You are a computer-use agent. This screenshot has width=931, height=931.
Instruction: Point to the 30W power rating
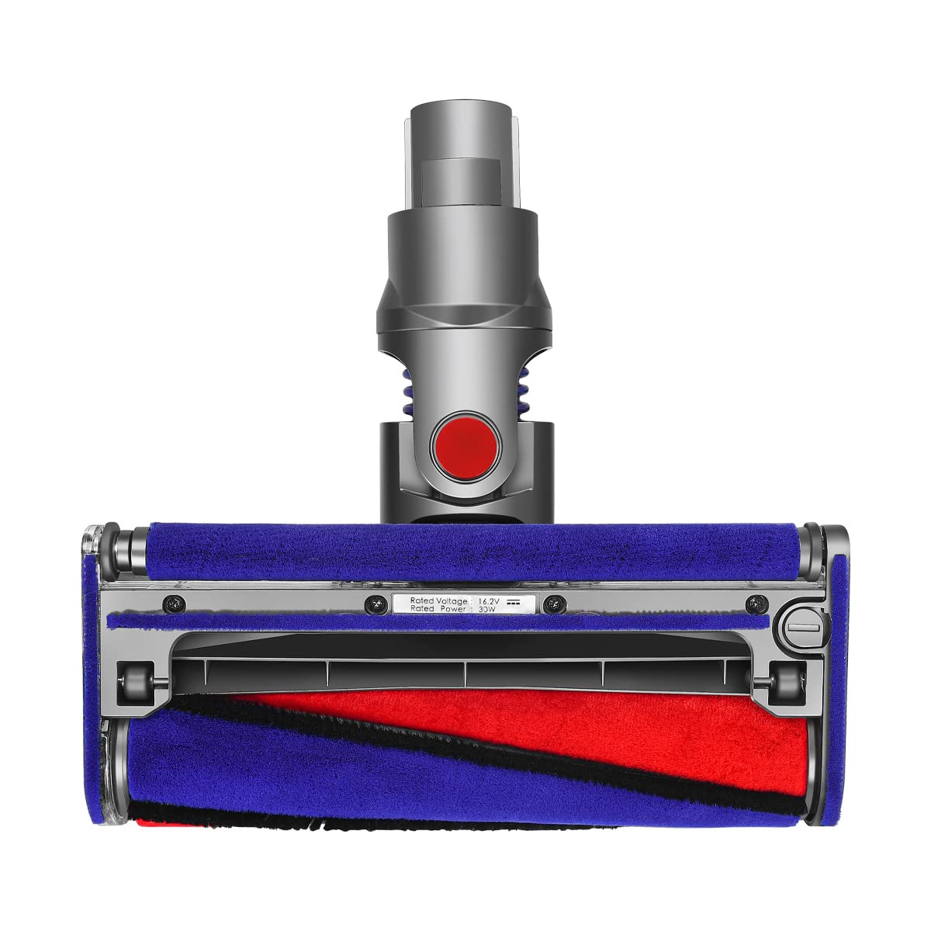[x=486, y=610]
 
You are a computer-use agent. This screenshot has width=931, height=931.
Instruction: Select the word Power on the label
[x=452, y=610]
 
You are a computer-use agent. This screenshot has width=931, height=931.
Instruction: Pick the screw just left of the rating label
[x=374, y=602]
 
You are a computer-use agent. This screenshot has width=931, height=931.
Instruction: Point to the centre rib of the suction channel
[x=466, y=673]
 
